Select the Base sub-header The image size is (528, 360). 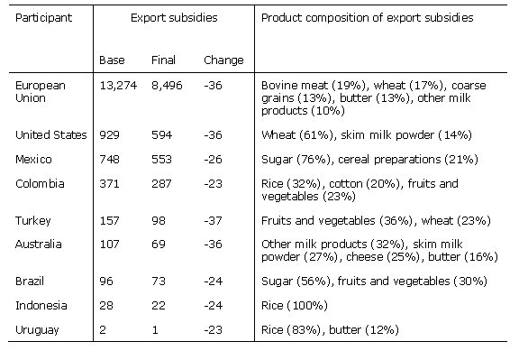pyautogui.click(x=113, y=60)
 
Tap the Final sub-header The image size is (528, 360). pyautogui.click(x=162, y=60)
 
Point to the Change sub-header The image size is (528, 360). pyautogui.click(x=223, y=60)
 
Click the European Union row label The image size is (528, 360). pyautogui.click(x=41, y=91)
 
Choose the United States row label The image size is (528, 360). pyautogui.click(x=51, y=134)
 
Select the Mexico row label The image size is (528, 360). pyautogui.click(x=34, y=159)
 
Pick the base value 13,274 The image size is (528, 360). pyautogui.click(x=117, y=86)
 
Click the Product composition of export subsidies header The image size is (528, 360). pyautogui.click(x=367, y=18)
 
